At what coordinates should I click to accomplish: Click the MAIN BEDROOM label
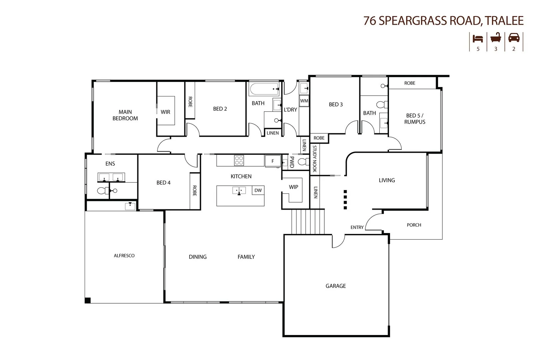pyautogui.click(x=125, y=115)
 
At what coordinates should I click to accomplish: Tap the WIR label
pyautogui.click(x=165, y=112)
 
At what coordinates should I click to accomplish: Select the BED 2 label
pyautogui.click(x=220, y=109)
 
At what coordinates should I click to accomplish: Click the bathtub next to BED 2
pyautogui.click(x=265, y=89)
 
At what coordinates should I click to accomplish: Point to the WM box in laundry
pyautogui.click(x=304, y=101)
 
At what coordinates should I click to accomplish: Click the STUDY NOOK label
pyautogui.click(x=314, y=159)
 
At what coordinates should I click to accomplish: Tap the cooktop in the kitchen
pyautogui.click(x=239, y=160)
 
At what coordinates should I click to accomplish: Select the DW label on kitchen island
pyautogui.click(x=258, y=190)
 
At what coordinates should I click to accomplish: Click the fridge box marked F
pyautogui.click(x=273, y=161)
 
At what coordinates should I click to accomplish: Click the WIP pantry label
pyautogui.click(x=293, y=187)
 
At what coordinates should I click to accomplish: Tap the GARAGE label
pyautogui.click(x=336, y=286)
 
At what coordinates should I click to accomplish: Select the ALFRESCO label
pyautogui.click(x=124, y=256)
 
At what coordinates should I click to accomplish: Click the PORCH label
pyautogui.click(x=414, y=225)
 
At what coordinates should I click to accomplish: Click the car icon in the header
pyautogui.click(x=514, y=38)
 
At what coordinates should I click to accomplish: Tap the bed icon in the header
pyautogui.click(x=478, y=38)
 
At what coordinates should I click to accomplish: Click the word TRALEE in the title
pyautogui.click(x=505, y=20)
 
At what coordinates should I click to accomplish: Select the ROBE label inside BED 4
pyautogui.click(x=195, y=190)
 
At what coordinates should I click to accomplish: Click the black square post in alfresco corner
pyautogui.click(x=88, y=300)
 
